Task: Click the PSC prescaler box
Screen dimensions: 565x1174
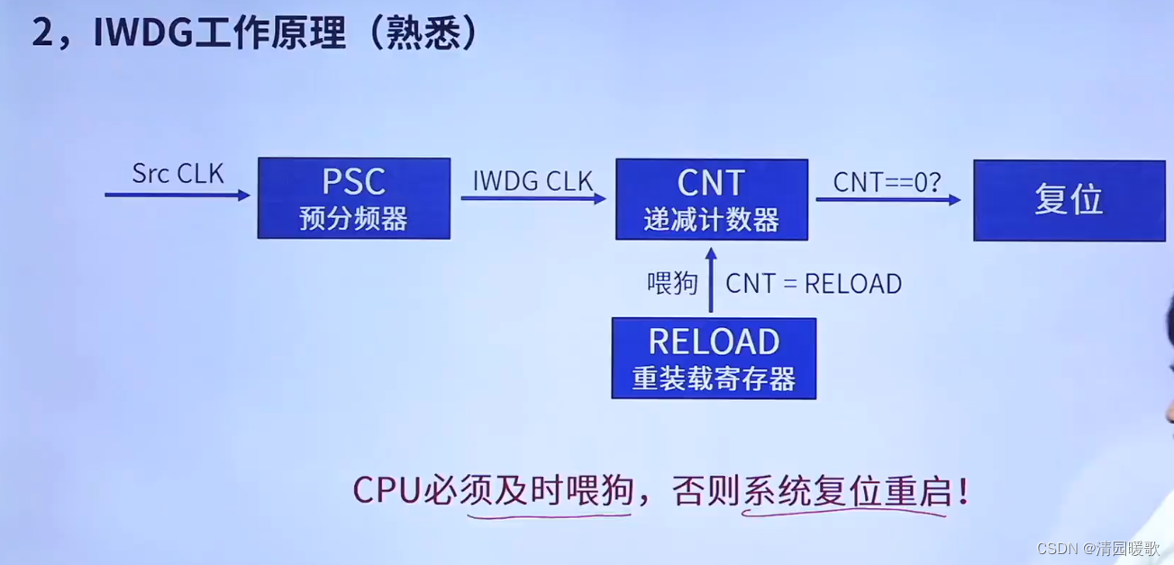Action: (x=353, y=197)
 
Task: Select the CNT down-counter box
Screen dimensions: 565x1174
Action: (x=711, y=198)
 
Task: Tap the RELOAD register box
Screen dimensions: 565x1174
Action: (x=714, y=358)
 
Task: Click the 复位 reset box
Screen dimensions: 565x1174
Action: (x=1069, y=200)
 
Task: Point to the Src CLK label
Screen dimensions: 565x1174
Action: (x=177, y=173)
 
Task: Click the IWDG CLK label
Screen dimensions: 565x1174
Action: (x=533, y=181)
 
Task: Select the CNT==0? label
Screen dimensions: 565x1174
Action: (x=887, y=182)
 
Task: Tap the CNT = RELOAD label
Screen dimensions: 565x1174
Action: (x=814, y=284)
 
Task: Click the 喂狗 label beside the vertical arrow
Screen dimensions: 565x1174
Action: (x=672, y=284)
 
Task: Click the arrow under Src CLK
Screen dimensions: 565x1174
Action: (x=177, y=195)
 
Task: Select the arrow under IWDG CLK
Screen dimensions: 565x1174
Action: (x=533, y=198)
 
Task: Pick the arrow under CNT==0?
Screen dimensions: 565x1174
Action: (x=887, y=200)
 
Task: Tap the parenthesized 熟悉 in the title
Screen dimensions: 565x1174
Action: (x=419, y=33)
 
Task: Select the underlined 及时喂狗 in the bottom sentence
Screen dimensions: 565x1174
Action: (x=549, y=491)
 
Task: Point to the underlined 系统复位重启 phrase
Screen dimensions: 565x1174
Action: (x=844, y=491)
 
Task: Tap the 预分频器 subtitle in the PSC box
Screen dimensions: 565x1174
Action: (x=353, y=219)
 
